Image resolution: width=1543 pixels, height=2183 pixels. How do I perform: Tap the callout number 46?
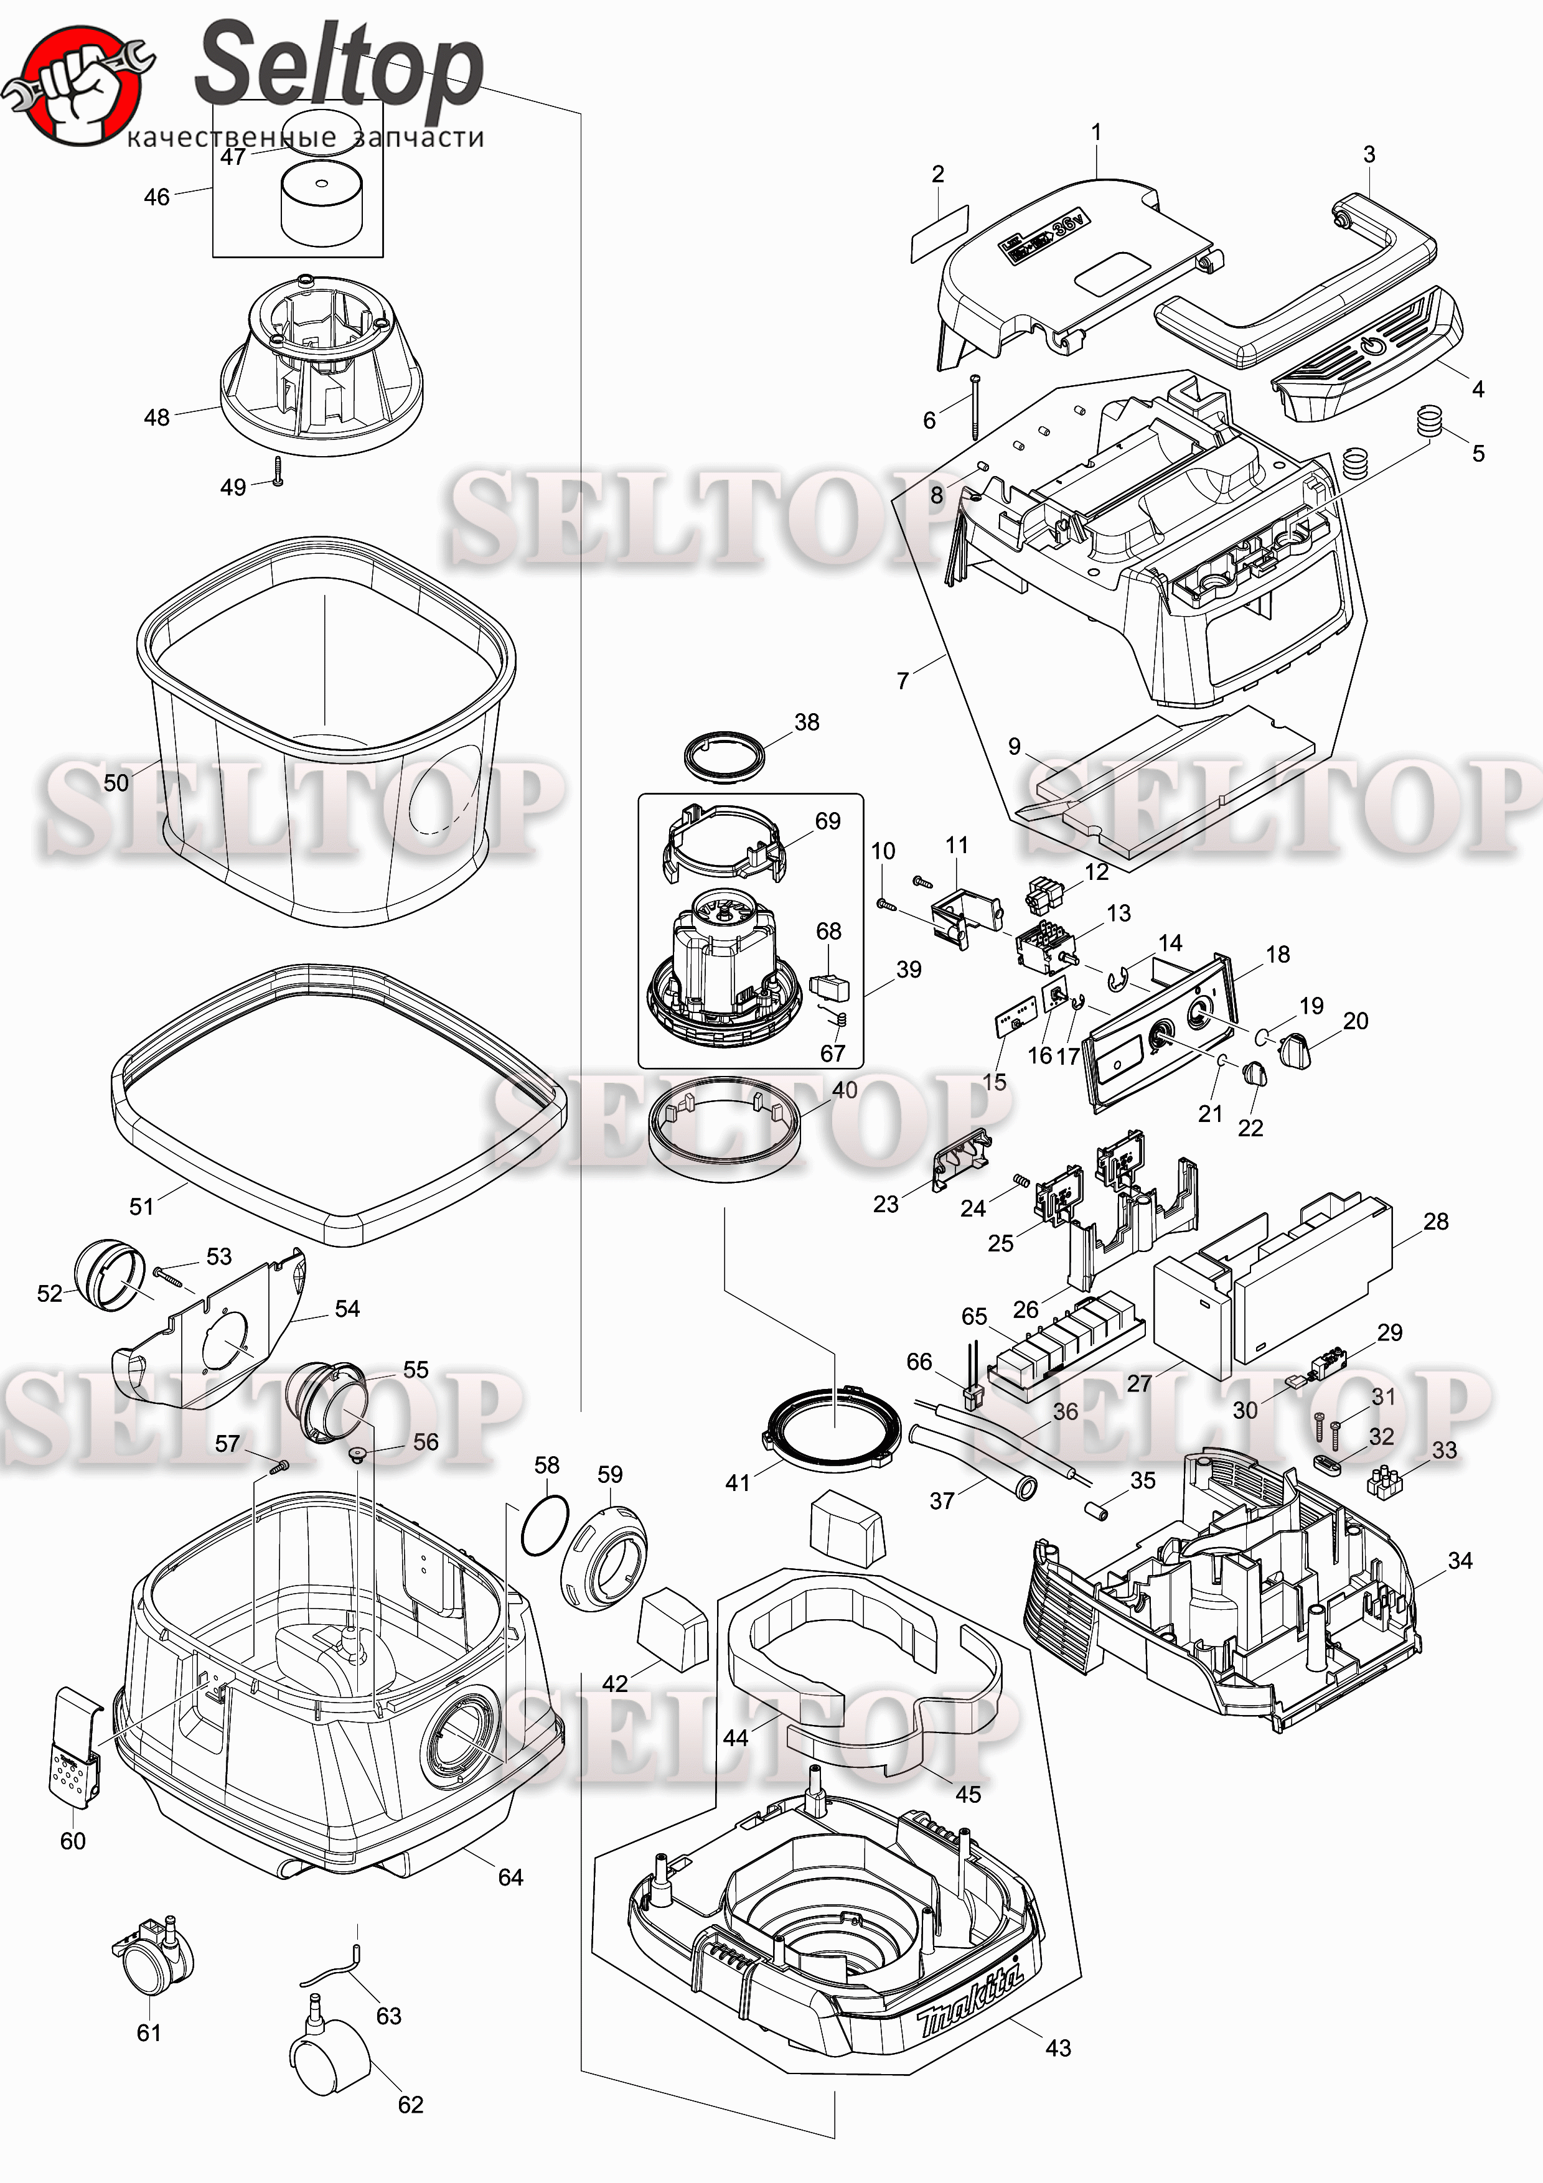pos(157,197)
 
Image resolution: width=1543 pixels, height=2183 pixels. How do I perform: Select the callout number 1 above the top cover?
pos(1096,132)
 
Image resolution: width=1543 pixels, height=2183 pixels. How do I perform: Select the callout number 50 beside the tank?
pos(116,782)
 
